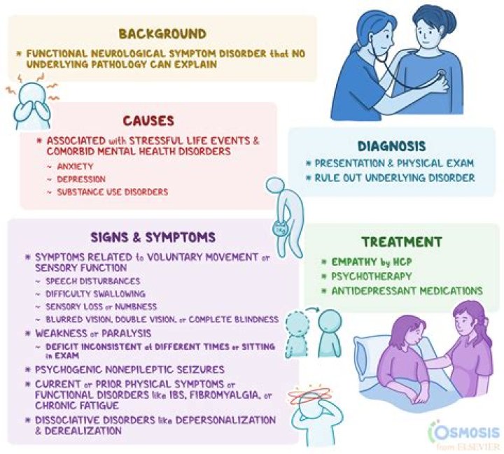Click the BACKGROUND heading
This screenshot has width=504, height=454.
tap(162, 33)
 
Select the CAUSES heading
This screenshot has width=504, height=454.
tap(148, 121)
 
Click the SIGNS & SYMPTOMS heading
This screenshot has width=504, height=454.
tap(155, 236)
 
